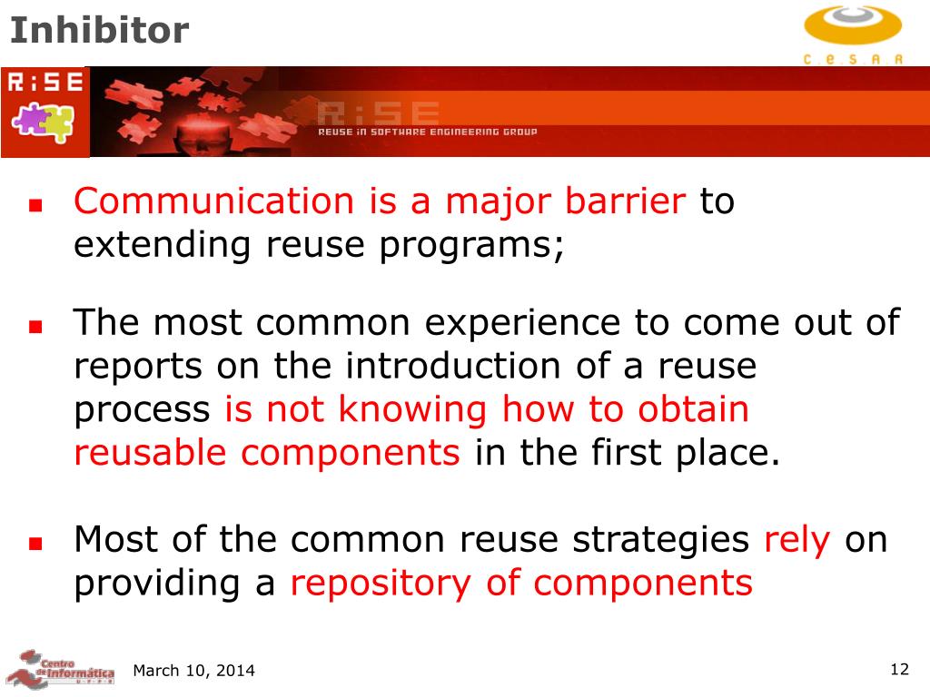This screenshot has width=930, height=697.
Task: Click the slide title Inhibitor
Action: pos(100,30)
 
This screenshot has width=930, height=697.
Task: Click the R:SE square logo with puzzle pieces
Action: pos(45,112)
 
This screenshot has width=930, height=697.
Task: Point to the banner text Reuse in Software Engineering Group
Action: pos(427,132)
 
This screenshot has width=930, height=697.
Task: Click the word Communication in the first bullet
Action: pos(213,201)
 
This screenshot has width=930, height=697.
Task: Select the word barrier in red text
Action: pos(625,201)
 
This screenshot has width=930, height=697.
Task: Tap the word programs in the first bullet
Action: pos(468,245)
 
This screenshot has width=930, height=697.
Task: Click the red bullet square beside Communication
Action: pos(35,206)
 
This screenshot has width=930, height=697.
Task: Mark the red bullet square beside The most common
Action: pos(35,327)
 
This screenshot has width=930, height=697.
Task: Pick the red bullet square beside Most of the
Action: pos(35,544)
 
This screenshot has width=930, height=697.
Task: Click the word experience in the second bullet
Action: pos(522,323)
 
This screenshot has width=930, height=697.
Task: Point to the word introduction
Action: pos(453,365)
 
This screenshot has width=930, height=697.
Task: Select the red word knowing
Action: pos(413,409)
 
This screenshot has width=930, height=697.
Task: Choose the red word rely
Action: pos(797,540)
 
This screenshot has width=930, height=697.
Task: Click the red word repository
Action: pos(381,584)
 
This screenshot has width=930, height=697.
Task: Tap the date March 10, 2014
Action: pos(194,671)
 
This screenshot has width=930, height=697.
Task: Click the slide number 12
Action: pos(900,669)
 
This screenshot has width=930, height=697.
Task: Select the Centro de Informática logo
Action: pos(60,669)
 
